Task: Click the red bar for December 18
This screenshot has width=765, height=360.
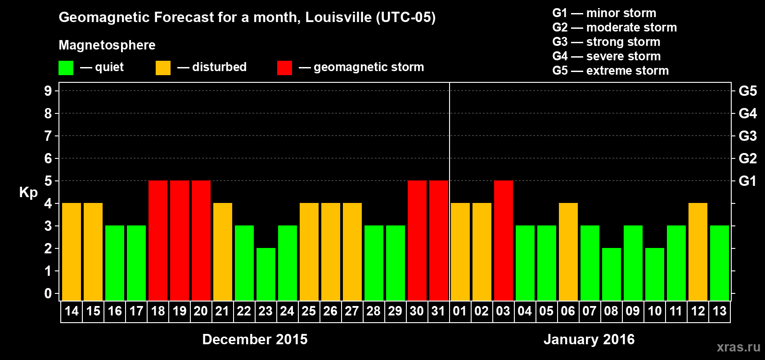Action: click(158, 240)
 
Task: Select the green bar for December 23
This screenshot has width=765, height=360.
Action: click(266, 274)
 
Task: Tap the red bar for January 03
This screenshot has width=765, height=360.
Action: click(504, 240)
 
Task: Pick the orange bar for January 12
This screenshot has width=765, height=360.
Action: click(698, 252)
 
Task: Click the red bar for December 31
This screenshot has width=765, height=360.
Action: click(439, 240)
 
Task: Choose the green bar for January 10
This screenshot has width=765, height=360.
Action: click(655, 274)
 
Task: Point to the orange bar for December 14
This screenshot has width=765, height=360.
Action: click(72, 252)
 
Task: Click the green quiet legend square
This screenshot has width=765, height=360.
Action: click(66, 68)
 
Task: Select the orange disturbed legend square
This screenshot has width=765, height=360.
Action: click(163, 68)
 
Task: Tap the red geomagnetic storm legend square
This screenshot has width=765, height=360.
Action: click(284, 68)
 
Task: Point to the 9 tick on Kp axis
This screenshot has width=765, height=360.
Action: click(48, 91)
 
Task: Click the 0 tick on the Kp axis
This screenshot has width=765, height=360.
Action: click(48, 293)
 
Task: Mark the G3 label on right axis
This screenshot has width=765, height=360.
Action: click(747, 136)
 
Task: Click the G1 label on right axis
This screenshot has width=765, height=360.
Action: click(747, 181)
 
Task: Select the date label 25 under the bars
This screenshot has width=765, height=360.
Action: click(309, 311)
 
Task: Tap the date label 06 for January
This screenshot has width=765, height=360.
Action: click(568, 311)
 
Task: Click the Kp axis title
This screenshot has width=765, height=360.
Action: click(28, 192)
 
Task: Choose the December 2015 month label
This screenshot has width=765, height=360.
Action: click(255, 339)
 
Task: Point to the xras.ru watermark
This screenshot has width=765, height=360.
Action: click(738, 347)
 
